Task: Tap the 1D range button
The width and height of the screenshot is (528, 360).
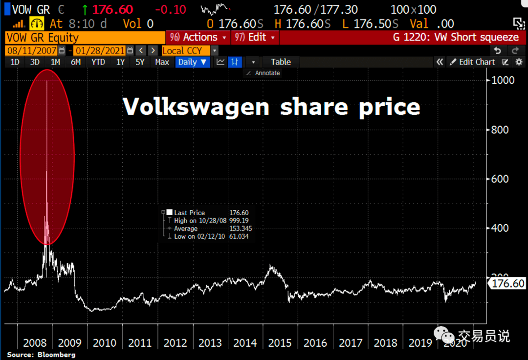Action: point(15,62)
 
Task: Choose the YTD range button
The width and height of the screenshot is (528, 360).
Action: point(98,62)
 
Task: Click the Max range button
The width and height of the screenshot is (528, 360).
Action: point(162,62)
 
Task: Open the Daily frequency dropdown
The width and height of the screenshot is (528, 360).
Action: point(193,62)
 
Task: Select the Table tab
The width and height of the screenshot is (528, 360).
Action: point(281,62)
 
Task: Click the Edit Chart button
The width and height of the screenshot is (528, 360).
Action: point(472,62)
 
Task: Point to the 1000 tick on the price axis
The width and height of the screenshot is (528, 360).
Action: point(503,80)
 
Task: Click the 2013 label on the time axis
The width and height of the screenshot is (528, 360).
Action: point(210,342)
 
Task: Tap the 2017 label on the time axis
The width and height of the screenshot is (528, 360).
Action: point(351,342)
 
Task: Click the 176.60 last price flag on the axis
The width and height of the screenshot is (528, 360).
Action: point(507,284)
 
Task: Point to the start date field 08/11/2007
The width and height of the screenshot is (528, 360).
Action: point(32,50)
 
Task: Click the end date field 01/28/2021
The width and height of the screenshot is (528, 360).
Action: point(100,50)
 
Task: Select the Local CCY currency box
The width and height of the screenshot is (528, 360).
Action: point(185,50)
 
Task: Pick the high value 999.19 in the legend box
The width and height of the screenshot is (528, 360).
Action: point(239,221)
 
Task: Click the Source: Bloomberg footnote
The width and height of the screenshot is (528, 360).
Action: point(41,355)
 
